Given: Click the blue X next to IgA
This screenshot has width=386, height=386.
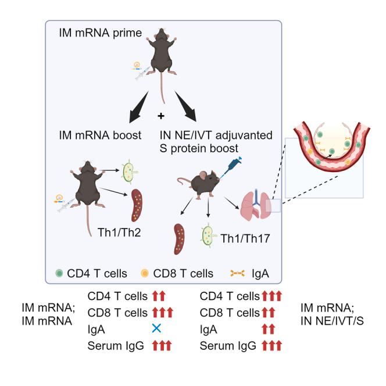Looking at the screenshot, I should coord(156,328).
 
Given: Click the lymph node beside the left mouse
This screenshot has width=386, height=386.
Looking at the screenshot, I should coord(130,171).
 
